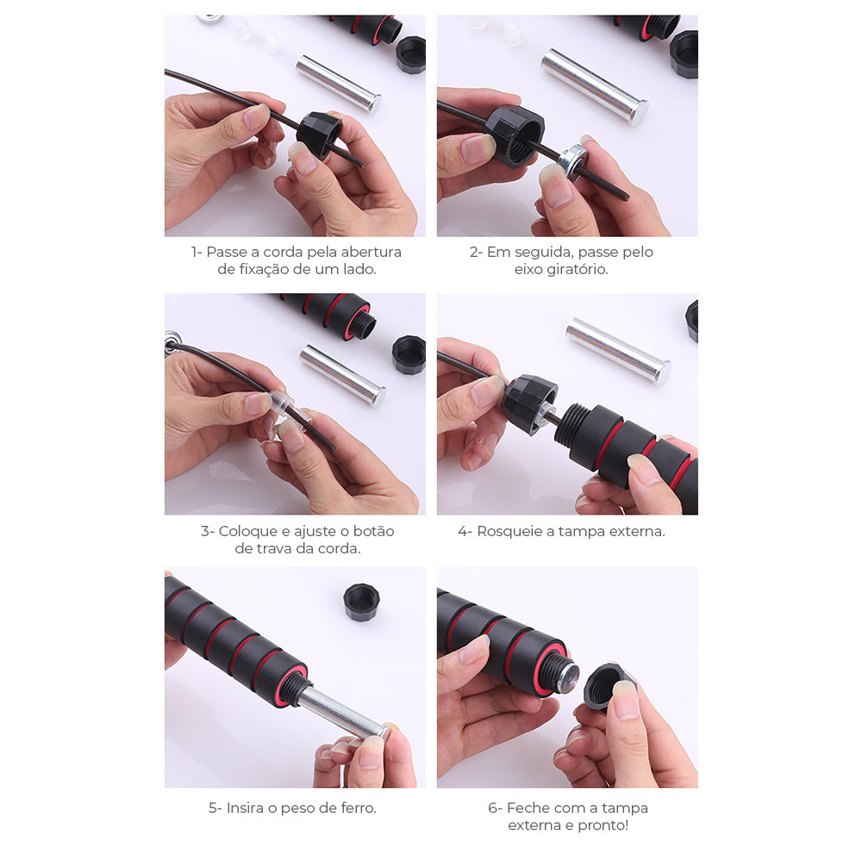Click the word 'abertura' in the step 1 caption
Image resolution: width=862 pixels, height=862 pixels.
coord(371,253)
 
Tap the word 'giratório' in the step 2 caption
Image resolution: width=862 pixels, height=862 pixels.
coord(578,270)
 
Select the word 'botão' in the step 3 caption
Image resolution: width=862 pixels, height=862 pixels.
coord(373,532)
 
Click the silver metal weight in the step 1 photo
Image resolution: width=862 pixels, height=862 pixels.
coord(339,84)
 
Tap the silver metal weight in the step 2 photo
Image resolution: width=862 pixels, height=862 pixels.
coord(594,87)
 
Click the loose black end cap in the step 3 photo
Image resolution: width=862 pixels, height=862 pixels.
coord(409,354)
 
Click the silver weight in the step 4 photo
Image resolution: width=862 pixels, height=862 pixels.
coord(618,351)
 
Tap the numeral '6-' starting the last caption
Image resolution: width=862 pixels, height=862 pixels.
coord(495,809)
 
